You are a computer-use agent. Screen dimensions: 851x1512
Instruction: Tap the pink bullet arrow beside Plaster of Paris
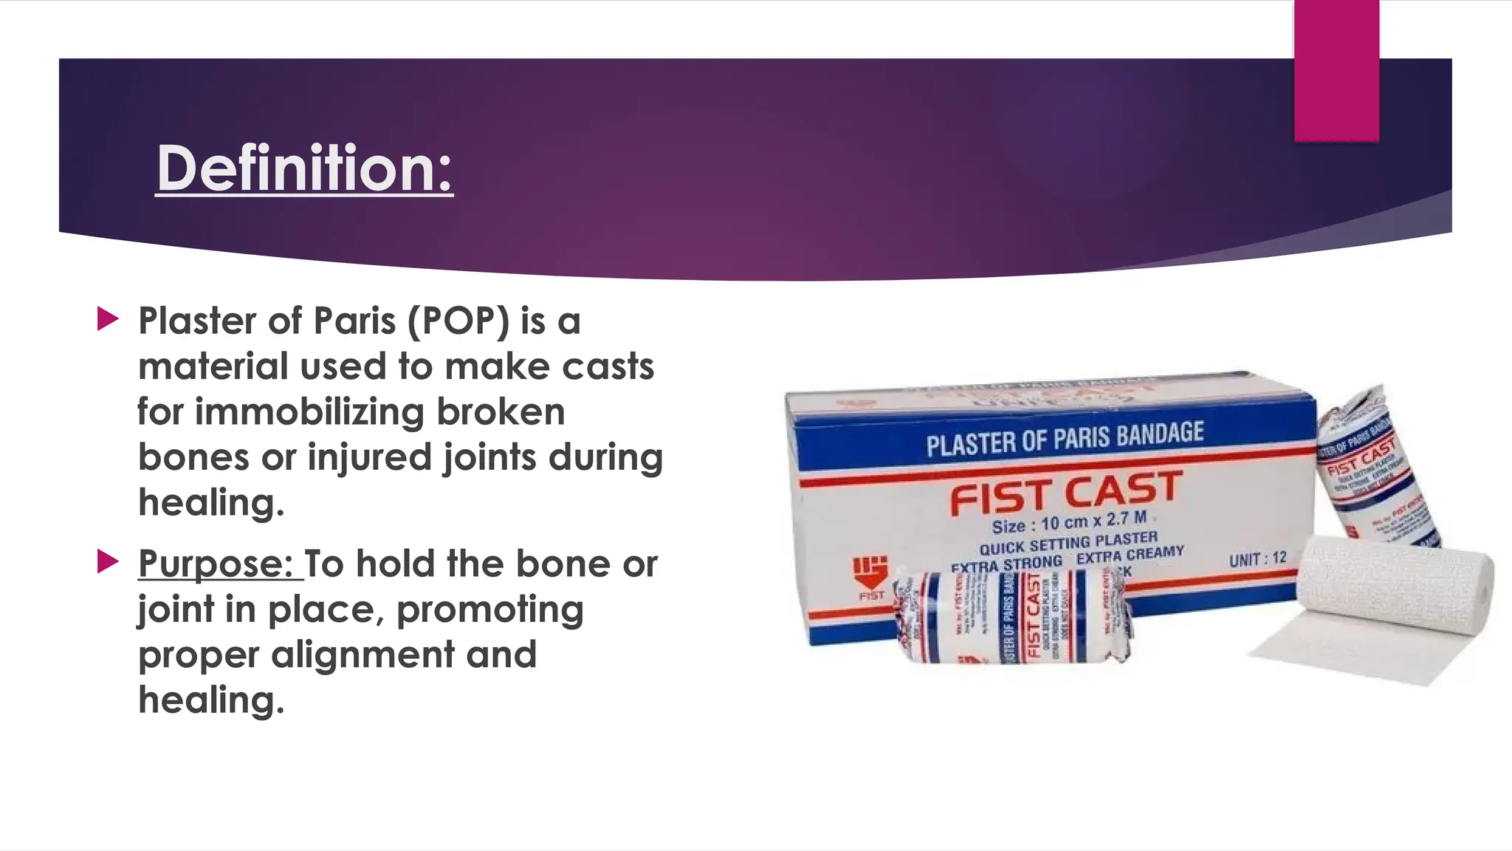pos(108,319)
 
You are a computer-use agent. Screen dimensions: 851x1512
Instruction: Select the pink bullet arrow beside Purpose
pos(108,562)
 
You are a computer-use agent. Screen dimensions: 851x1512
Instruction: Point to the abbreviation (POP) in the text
pos(457,322)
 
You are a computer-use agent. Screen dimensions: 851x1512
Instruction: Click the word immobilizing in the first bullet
pos(309,412)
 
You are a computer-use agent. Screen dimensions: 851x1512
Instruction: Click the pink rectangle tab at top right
pos(1336,70)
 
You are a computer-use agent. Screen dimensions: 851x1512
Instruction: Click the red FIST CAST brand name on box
pos(1065,493)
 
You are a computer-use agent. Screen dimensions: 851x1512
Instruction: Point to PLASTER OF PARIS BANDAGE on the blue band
pos(1065,439)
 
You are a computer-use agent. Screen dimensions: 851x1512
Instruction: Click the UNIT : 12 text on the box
pos(1257,559)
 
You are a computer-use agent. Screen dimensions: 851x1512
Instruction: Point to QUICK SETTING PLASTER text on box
pos(1068,543)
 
